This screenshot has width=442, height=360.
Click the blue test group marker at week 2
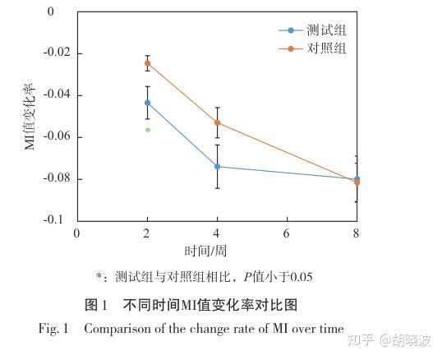(147, 103)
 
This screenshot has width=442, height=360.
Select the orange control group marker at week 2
(147, 63)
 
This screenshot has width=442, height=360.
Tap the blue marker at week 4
(217, 166)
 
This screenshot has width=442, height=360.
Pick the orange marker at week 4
(217, 122)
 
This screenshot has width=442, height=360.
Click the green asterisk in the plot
(147, 131)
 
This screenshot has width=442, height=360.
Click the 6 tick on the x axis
(287, 233)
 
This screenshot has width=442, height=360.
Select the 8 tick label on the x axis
(357, 233)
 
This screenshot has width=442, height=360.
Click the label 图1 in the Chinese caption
(97, 304)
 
